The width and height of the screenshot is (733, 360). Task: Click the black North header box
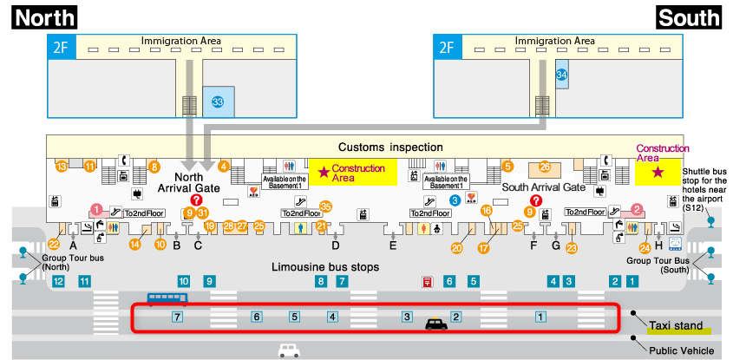tap(43, 16)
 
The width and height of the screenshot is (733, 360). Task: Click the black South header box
tap(689, 16)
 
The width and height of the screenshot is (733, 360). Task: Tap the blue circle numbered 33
tap(218, 103)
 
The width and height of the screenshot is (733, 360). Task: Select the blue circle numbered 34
tap(562, 76)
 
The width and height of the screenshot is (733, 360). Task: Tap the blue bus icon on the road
tap(166, 299)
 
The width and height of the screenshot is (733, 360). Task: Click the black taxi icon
tap(435, 324)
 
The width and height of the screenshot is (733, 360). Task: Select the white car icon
tap(289, 350)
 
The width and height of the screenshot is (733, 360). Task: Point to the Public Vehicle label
tap(682, 350)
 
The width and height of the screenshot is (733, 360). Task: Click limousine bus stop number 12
tap(59, 281)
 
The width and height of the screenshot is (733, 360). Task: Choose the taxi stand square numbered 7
tap(177, 317)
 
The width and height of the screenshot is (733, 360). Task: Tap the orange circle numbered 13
tap(62, 166)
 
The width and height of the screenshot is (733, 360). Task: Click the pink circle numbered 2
tap(637, 209)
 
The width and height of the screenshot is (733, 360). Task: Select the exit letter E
tap(393, 245)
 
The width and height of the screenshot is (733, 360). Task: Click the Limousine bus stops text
tap(325, 267)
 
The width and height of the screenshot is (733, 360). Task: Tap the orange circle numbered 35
tap(325, 206)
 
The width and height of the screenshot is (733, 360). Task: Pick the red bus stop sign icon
tap(428, 281)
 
